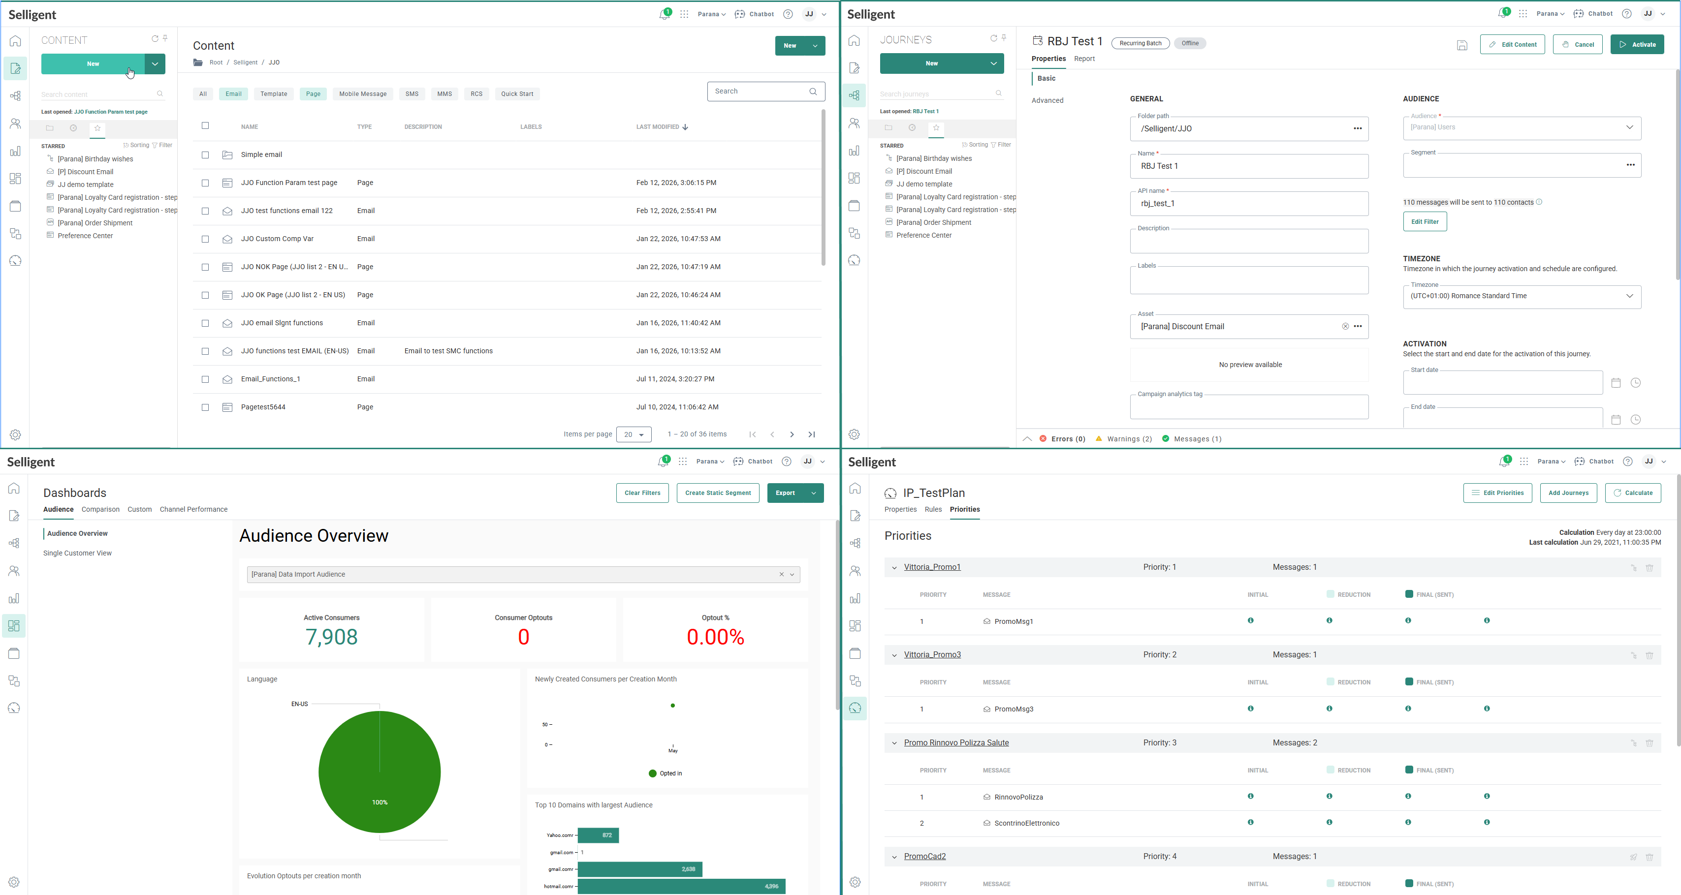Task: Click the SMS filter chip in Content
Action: point(412,94)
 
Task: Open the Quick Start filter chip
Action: point(517,94)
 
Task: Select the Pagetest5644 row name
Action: point(263,407)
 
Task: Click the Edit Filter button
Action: point(1425,222)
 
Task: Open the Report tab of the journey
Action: point(1084,59)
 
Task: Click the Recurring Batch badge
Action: point(1140,44)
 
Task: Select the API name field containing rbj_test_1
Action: point(1248,204)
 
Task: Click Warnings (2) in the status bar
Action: point(1129,439)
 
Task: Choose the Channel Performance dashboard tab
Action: point(193,509)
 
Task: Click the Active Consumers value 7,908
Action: point(331,637)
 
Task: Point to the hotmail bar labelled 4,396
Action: point(681,886)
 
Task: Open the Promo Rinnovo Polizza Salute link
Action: point(956,743)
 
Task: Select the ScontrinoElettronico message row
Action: point(1026,823)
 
